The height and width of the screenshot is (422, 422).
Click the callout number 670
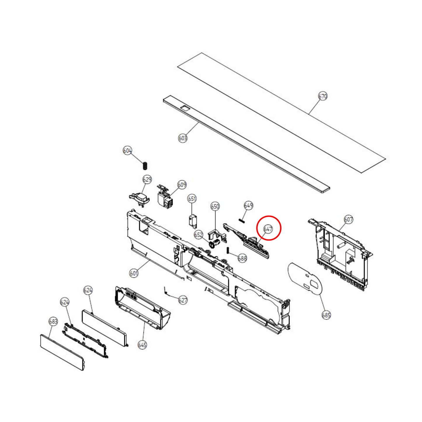coord(323,96)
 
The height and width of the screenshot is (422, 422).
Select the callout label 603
coord(183,138)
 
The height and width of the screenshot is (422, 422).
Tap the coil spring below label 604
coord(145,166)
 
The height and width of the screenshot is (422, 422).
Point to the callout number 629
coord(147,179)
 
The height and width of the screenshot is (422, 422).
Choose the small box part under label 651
coord(192,220)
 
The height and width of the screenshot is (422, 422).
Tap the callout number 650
coord(215,206)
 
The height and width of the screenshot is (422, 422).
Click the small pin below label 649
coord(241,220)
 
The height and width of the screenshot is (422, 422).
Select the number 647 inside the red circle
coord(268,229)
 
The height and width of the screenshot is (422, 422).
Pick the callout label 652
coord(198,235)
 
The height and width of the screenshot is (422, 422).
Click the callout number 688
coord(242,258)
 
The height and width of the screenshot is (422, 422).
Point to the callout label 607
coord(348,219)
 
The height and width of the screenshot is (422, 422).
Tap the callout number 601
coord(134,273)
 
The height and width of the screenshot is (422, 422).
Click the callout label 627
coord(183,300)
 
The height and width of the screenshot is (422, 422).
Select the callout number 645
coord(142,345)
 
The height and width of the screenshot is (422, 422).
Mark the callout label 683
coord(53,322)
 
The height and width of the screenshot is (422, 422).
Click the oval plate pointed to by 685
coord(305,278)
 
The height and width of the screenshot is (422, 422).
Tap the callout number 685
coord(326,315)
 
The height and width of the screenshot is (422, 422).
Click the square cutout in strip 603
coord(185,108)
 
